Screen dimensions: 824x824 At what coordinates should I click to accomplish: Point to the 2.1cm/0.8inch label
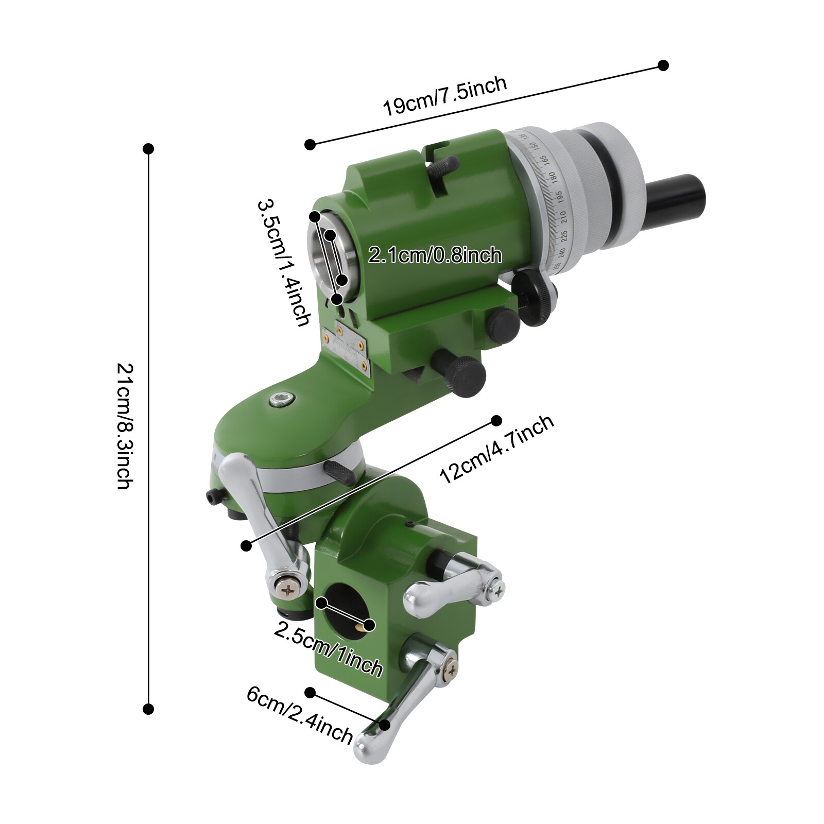435,255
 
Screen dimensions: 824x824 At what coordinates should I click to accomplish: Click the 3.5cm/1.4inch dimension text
284,263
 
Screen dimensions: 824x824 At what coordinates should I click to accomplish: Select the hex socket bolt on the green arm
281,399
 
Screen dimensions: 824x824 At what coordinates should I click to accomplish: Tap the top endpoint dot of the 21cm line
148,149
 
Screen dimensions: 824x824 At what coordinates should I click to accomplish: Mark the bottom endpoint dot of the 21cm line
148,709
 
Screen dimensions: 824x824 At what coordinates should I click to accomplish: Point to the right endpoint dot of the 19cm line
663,65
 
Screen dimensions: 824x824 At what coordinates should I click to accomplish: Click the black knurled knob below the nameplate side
466,376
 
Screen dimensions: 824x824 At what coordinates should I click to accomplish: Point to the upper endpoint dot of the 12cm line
496,421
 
